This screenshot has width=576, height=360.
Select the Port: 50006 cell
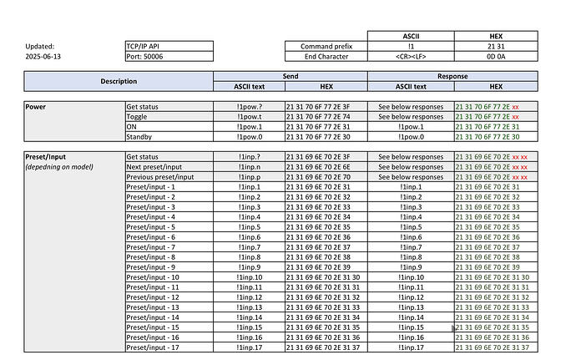144,57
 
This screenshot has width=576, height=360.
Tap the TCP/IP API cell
144,47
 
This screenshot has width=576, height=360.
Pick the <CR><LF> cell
410,57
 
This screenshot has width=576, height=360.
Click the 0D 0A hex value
496,57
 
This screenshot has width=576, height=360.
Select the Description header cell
119,81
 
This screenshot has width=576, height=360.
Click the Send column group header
291,76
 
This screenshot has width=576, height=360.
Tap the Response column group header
452,76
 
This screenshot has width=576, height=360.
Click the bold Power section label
36,107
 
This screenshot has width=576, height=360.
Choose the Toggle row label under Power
138,117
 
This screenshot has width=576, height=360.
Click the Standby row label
140,137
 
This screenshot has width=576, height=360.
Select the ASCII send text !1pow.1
249,127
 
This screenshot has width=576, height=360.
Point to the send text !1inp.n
249,167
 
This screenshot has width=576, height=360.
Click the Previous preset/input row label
159,177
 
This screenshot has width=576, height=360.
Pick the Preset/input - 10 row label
153,277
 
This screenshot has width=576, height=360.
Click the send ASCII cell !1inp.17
249,347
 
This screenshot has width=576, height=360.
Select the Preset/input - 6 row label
150,237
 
